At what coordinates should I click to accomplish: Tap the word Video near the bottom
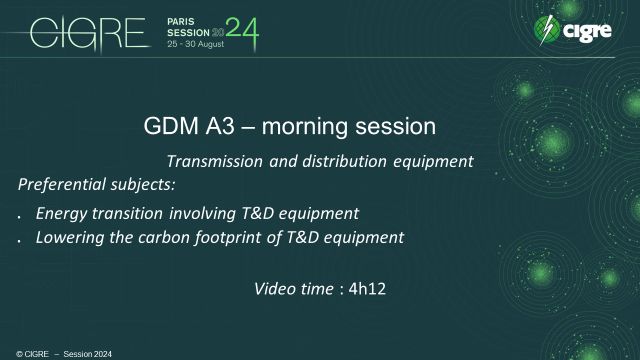coord(275,289)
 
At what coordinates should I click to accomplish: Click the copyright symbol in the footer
coord(6,353)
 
